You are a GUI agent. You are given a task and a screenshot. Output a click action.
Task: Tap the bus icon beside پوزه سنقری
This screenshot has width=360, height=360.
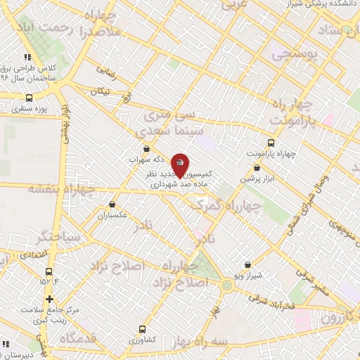click(x=29, y=98)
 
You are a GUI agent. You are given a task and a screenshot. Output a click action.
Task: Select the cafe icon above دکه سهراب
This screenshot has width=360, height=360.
click(x=146, y=148)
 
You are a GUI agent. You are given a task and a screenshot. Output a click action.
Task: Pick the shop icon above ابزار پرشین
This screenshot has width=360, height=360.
click(x=257, y=169)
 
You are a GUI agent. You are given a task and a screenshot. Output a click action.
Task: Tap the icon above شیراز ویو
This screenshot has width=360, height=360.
click(x=247, y=265)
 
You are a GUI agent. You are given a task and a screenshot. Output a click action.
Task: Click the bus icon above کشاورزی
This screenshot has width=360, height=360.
click(x=143, y=328)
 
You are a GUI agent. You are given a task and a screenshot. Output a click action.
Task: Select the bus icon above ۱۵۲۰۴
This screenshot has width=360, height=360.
click(x=49, y=271)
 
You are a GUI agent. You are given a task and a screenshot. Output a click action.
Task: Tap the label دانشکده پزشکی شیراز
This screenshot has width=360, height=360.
click(x=324, y=5)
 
